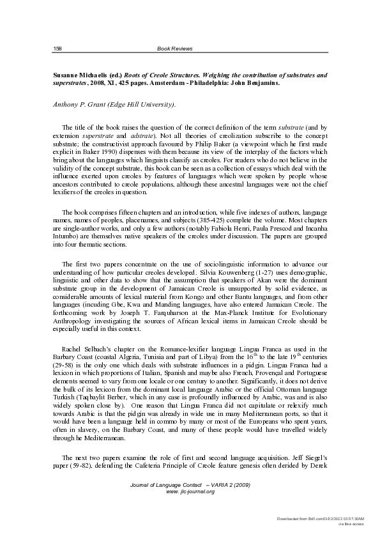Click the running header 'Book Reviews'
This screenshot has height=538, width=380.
click(174, 49)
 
